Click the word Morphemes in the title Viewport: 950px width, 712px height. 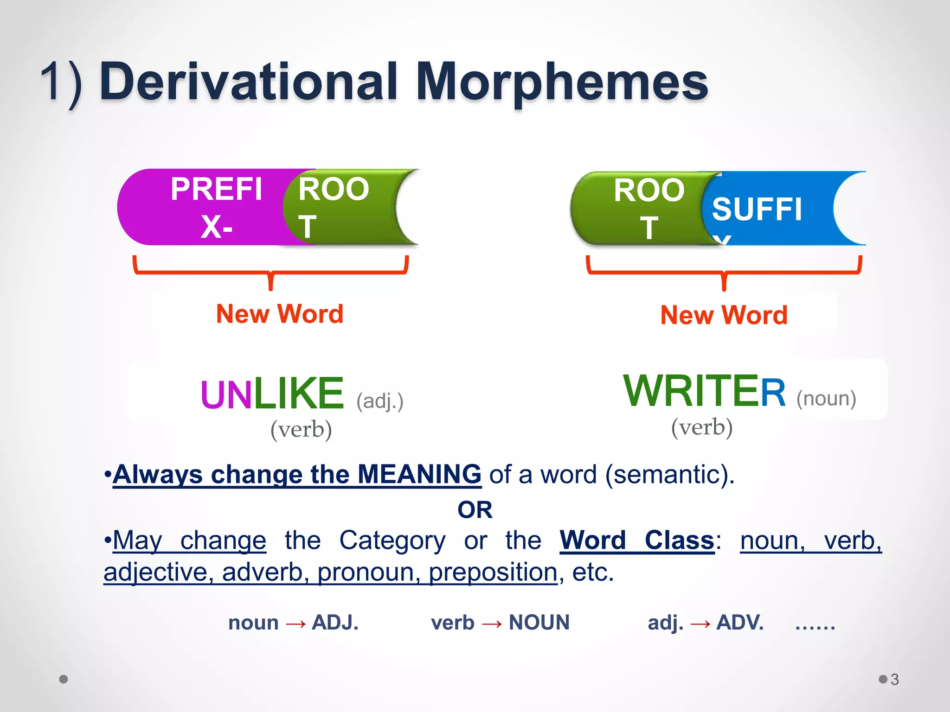pos(562,83)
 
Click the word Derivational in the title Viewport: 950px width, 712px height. pos(249,83)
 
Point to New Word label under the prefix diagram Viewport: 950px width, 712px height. pos(280,314)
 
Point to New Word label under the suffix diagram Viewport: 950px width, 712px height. pos(724,315)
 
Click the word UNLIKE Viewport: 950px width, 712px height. pos(273,394)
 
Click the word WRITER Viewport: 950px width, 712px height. pos(704,392)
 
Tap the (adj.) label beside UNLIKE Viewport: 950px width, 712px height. pos(380,400)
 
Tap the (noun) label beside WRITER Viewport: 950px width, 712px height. pos(826,399)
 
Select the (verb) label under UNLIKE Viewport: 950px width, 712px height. pos(301,429)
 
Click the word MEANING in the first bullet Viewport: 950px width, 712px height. pos(419,475)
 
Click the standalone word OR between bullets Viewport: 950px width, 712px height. pos(475,510)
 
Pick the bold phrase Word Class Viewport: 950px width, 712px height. pos(637,540)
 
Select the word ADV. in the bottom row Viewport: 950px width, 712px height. pos(740,623)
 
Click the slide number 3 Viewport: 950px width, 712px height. pos(895,680)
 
